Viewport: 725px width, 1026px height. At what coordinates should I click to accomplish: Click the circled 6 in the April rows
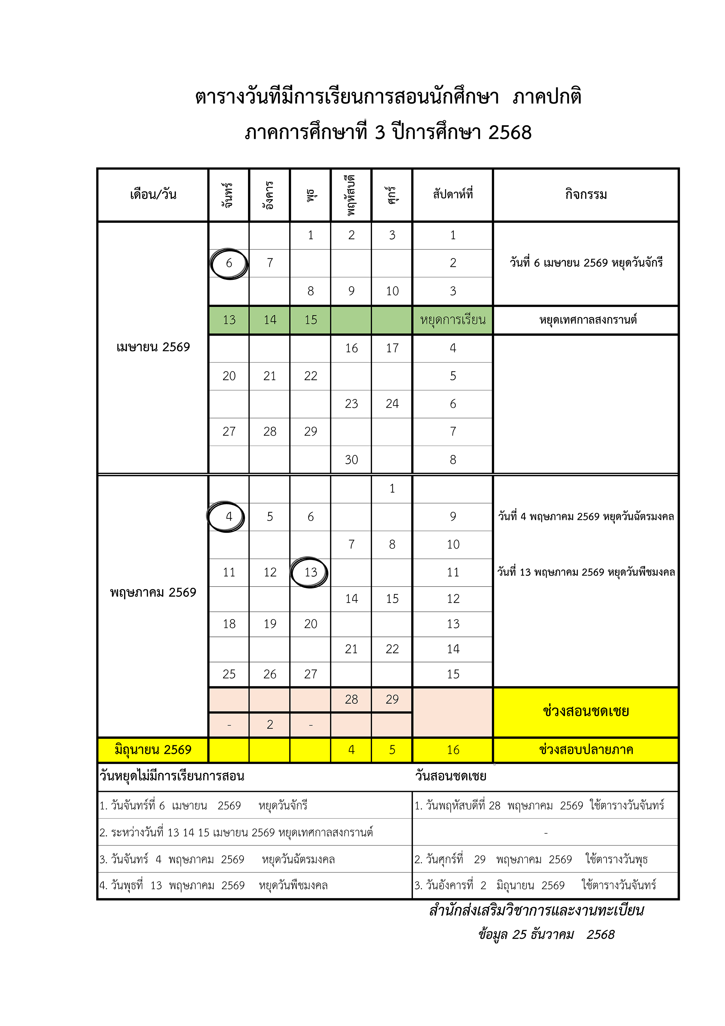click(229, 263)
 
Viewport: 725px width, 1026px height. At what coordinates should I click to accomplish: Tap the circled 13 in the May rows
click(310, 572)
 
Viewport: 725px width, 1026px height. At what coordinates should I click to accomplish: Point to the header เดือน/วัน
click(153, 195)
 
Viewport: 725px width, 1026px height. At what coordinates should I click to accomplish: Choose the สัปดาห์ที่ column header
click(453, 195)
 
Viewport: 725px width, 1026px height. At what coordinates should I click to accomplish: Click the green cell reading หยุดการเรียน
click(453, 320)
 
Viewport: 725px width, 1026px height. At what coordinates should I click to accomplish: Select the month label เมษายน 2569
click(153, 347)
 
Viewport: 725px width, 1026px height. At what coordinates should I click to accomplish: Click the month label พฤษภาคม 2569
click(153, 593)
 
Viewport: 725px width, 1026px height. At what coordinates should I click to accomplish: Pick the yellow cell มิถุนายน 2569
click(153, 750)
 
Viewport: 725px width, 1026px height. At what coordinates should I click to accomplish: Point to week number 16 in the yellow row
click(453, 750)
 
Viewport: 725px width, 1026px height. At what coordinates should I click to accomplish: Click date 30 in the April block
click(351, 460)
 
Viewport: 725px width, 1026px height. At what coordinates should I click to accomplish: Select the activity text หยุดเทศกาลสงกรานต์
click(587, 320)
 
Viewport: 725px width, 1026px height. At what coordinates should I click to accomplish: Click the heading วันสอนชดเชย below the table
click(451, 776)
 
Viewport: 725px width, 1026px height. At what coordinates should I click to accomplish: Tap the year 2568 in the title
click(510, 133)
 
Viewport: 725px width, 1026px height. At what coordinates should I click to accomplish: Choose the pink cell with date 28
click(351, 699)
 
